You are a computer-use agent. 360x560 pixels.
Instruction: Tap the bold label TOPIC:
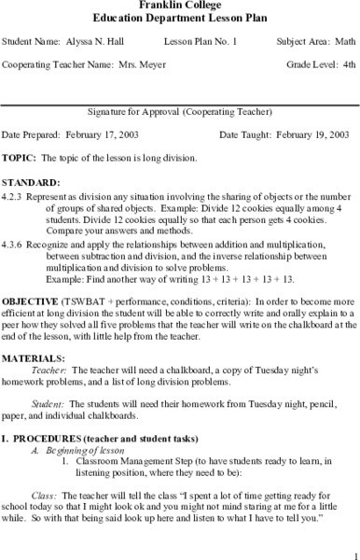[x=20, y=158]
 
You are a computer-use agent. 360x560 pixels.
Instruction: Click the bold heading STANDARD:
[x=32, y=182]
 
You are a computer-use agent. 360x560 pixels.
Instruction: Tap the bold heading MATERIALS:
[x=33, y=357]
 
